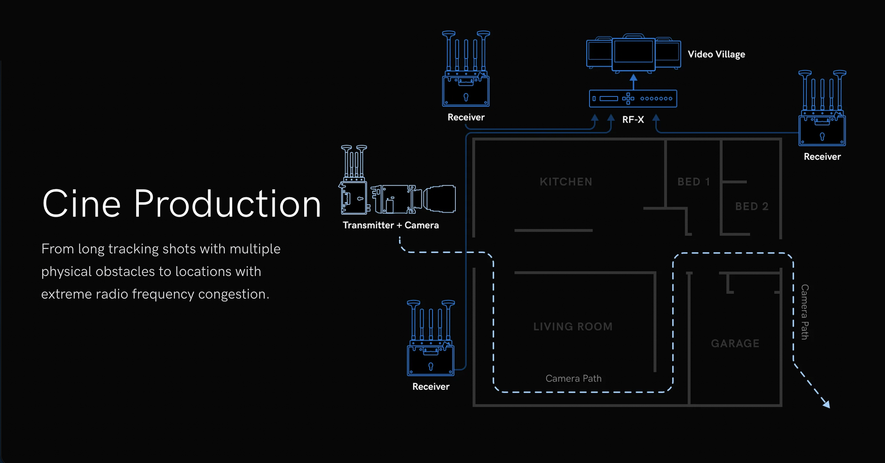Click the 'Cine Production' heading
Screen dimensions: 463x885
coord(182,204)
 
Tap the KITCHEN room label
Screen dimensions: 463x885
coord(566,182)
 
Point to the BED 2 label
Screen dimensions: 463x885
coord(752,206)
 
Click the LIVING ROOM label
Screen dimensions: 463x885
coord(573,326)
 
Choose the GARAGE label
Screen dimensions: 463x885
coord(735,343)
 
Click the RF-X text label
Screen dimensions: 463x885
coord(633,119)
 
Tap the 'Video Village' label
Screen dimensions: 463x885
coord(716,54)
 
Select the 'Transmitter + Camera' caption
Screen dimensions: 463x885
coord(391,225)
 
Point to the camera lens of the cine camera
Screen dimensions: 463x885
coord(440,199)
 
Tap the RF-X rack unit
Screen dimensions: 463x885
coord(633,99)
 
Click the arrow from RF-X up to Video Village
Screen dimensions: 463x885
coord(633,81)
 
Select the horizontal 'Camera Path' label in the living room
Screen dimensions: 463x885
coord(574,378)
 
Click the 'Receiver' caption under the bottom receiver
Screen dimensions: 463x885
coord(431,387)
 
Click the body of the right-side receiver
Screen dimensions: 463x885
coord(822,131)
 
